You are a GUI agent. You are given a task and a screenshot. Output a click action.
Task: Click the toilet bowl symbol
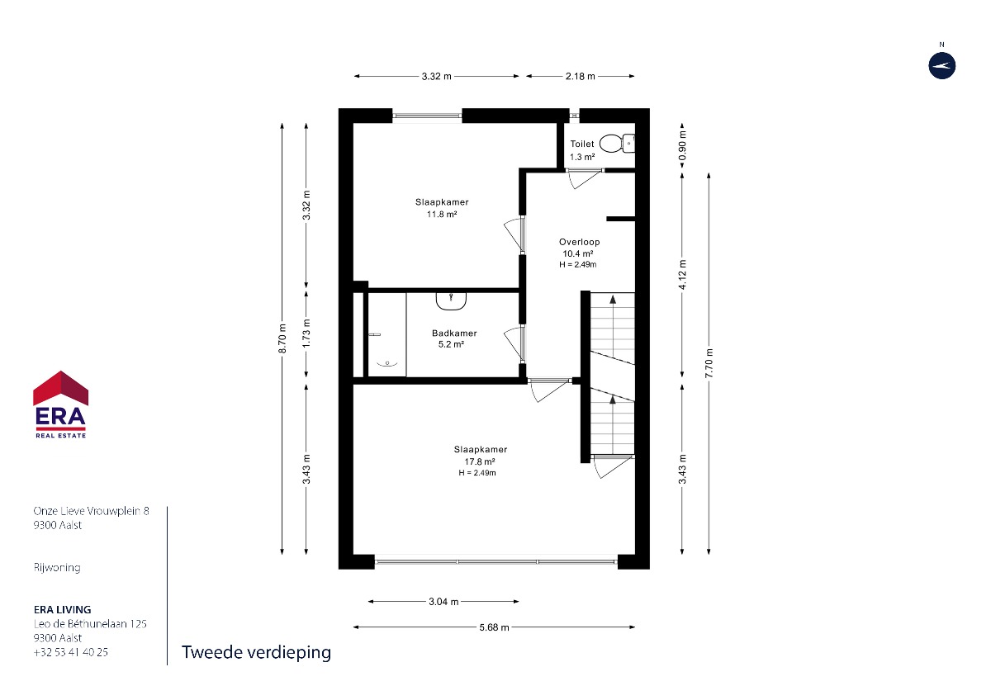[x=617, y=144]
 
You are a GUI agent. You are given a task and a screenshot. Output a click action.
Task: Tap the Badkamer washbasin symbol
[x=451, y=300]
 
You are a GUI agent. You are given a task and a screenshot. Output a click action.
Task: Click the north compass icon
[x=941, y=66]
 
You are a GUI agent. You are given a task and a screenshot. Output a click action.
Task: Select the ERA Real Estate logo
[x=60, y=404]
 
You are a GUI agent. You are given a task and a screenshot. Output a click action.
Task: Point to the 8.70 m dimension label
[x=282, y=338]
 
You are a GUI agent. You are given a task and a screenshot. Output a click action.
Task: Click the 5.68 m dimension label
[x=494, y=627]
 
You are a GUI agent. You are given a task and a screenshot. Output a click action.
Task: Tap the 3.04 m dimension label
[x=443, y=602]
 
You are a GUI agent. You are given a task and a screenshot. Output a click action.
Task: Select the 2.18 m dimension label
[x=580, y=76]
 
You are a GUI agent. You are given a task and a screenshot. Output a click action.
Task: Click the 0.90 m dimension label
[x=682, y=145]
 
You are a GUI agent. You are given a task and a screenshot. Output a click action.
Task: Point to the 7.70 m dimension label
[x=709, y=362]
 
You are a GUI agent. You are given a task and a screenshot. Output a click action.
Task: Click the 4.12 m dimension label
[x=682, y=275]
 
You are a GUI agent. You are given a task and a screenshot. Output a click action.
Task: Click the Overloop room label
[x=579, y=242]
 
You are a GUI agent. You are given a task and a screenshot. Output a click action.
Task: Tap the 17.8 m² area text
[x=479, y=461]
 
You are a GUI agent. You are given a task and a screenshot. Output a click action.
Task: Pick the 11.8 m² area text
[x=442, y=215]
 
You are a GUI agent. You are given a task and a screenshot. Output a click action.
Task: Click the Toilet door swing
[x=583, y=178]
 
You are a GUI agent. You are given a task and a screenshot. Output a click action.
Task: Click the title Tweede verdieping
[x=256, y=653]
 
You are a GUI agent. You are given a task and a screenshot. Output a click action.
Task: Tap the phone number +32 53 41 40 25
[x=71, y=652]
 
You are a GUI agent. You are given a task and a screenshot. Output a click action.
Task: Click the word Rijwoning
[x=57, y=567]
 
